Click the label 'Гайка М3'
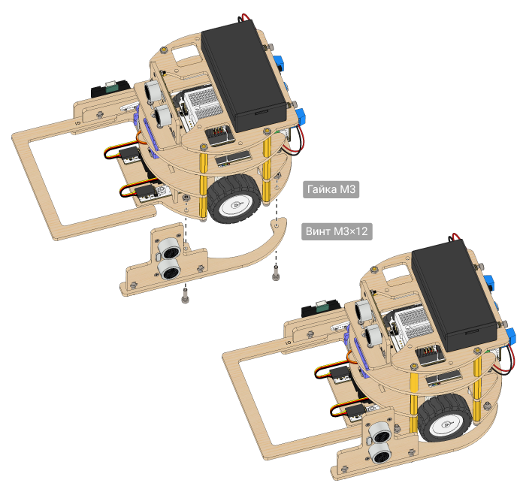pyautogui.click(x=331, y=189)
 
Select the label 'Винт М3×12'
pyautogui.click(x=337, y=231)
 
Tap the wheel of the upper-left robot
pyautogui.click(x=234, y=199)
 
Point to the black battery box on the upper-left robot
pyautogui.click(x=244, y=75)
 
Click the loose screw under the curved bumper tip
pyautogui.click(x=276, y=272)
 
